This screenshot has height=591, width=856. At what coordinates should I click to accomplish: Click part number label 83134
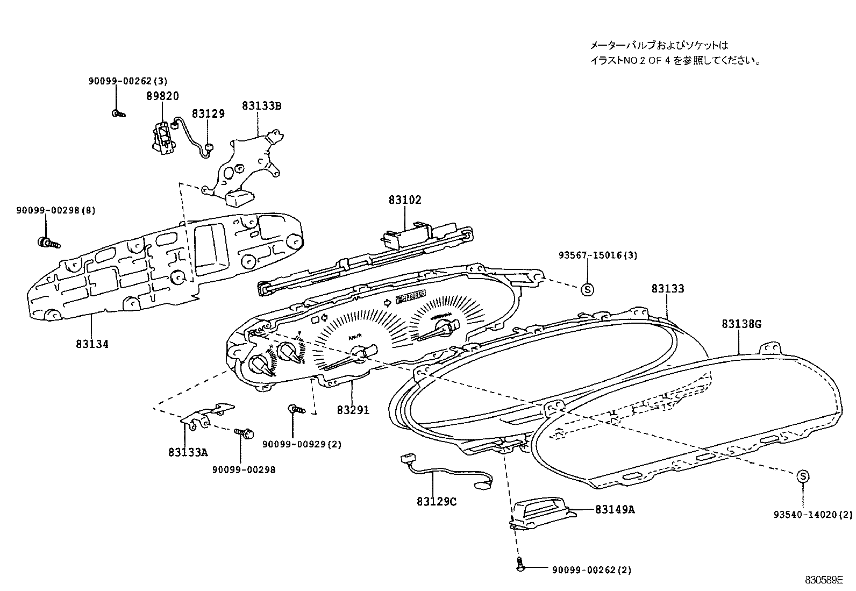tap(92, 344)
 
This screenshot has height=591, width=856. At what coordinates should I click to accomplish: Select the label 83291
tap(353, 410)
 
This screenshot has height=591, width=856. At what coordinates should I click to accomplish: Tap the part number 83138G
tap(741, 324)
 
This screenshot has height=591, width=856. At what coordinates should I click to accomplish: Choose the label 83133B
tap(261, 106)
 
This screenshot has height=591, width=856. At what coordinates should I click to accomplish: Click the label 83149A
tap(615, 509)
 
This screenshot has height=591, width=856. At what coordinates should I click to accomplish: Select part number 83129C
tap(436, 501)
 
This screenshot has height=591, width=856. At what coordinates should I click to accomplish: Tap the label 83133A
tap(187, 452)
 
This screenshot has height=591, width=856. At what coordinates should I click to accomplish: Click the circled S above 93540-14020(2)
tap(802, 476)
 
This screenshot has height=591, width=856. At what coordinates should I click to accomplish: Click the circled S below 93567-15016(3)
tap(587, 289)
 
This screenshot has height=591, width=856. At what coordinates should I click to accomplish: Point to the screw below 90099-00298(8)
tap(48, 243)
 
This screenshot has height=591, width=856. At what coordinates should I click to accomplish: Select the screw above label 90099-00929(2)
tap(296, 409)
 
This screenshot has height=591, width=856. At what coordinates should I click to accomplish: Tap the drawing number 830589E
tap(824, 580)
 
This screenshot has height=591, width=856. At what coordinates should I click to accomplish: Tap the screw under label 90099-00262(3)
tap(118, 113)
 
